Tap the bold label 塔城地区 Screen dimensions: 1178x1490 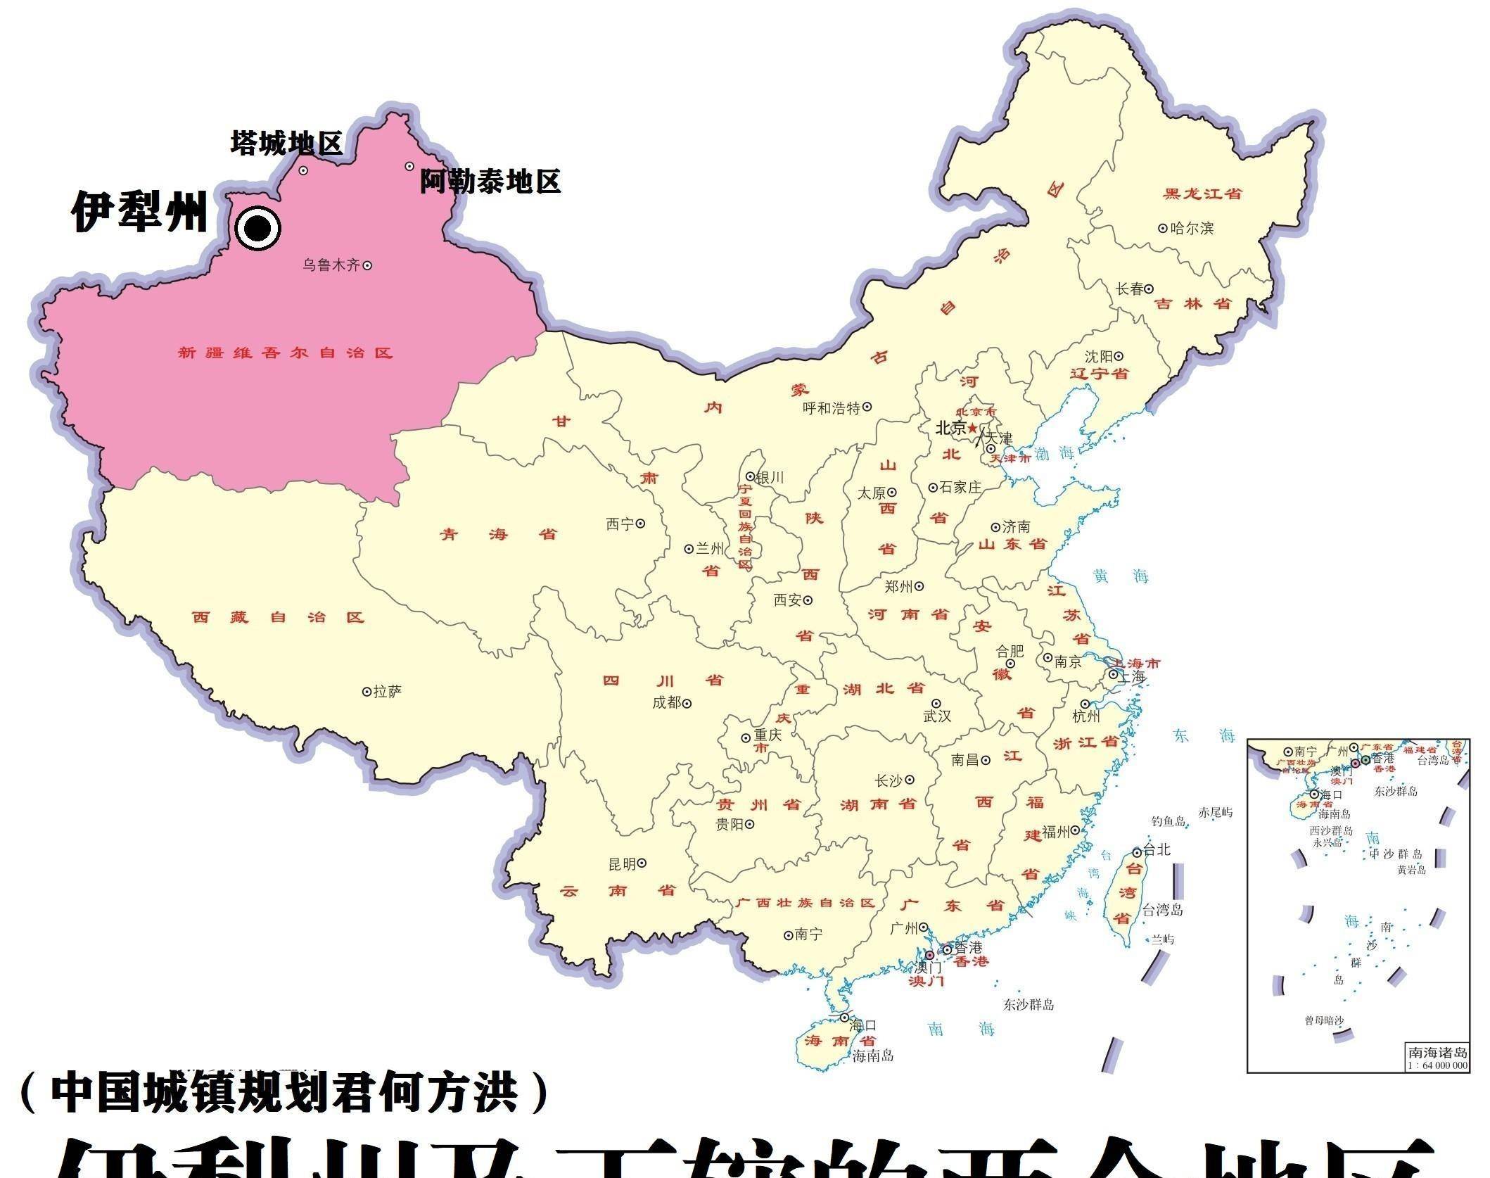pos(286,143)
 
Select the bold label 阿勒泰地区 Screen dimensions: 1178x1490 pos(490,182)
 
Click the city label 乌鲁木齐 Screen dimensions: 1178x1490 pos(331,265)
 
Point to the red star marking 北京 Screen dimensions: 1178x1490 pos(972,428)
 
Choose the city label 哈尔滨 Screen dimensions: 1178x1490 pos(1192,228)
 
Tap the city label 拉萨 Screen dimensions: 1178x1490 pos(387,692)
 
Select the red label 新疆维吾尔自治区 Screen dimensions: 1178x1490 pos(285,353)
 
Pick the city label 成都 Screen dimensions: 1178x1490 pos(667,702)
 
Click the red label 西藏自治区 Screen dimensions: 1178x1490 pos(279,617)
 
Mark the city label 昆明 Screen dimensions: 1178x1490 pos(622,863)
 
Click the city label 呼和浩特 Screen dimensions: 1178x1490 pos(832,407)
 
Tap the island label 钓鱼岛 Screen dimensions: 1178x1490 pos(1169,821)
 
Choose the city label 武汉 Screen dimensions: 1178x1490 pos(937,716)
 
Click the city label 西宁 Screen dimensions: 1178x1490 pos(620,524)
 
